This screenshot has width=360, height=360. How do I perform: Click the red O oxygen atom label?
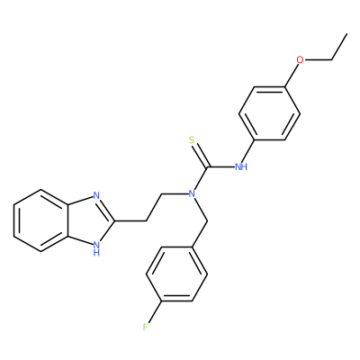(x=300, y=59)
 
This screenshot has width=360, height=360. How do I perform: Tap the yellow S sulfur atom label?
(x=193, y=140)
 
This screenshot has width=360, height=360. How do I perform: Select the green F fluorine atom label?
(x=146, y=327)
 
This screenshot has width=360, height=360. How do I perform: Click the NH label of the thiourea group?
(x=241, y=166)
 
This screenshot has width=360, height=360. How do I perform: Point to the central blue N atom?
(x=192, y=193)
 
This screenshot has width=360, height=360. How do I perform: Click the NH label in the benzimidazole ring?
(x=96, y=248)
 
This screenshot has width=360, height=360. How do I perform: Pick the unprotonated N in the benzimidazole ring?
(x=96, y=195)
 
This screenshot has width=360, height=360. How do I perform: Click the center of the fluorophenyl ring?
(x=176, y=274)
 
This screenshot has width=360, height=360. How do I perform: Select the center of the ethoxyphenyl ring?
(x=269, y=113)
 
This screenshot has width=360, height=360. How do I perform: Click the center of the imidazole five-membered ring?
(x=90, y=221)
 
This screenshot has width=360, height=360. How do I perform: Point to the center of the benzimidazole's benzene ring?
(x=40, y=220)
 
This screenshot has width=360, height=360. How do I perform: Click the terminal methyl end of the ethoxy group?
(x=347, y=33)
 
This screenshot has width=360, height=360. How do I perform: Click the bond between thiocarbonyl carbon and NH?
(x=221, y=166)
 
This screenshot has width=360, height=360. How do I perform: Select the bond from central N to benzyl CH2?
(x=200, y=210)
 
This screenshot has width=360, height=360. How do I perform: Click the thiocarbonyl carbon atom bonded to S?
(x=208, y=166)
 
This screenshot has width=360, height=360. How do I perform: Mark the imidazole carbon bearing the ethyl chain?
(x=115, y=221)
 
